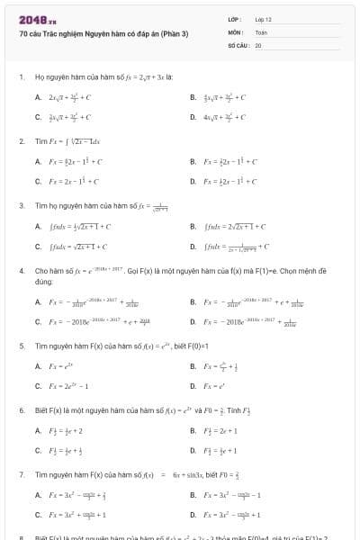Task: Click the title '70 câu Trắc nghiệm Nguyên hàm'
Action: click(103, 33)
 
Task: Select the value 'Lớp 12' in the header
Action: click(263, 19)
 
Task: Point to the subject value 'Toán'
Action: click(261, 31)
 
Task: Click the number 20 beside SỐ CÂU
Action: click(258, 44)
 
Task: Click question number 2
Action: click(21, 141)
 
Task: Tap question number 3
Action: click(21, 205)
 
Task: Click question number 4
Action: click(21, 269)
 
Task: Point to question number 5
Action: click(21, 346)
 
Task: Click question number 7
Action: click(21, 473)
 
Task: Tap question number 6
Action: click(21, 409)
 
